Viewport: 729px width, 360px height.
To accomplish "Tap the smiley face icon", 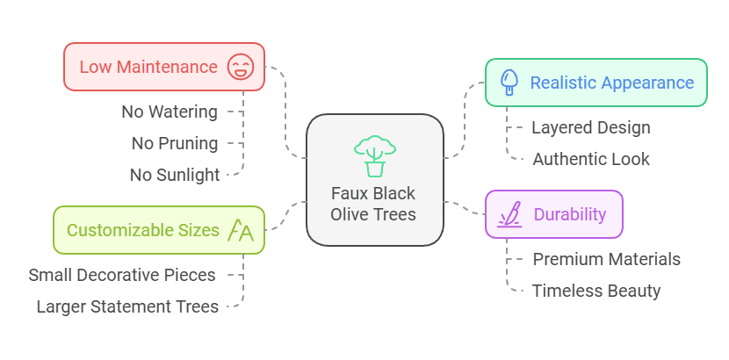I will (x=239, y=67).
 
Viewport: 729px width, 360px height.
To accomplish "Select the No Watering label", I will (x=170, y=112).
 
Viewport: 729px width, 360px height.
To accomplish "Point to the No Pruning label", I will (x=175, y=143).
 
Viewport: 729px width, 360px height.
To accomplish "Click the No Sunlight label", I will (x=175, y=175).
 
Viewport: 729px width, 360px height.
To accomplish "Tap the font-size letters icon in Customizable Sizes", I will (x=240, y=230).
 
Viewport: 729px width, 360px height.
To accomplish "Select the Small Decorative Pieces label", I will (x=122, y=275).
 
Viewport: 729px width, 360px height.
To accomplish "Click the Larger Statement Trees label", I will (x=126, y=306).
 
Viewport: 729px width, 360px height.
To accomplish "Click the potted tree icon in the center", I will (x=374, y=156).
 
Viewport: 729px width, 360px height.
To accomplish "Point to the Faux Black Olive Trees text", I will (x=374, y=204).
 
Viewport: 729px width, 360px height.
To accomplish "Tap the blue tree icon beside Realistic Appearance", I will (x=509, y=83).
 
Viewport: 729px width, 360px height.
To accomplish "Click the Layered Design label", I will (x=591, y=127).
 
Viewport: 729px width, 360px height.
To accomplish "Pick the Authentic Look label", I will (x=591, y=159).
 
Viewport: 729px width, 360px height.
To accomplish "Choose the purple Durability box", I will (x=554, y=214).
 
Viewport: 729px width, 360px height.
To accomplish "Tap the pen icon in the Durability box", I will (x=509, y=214).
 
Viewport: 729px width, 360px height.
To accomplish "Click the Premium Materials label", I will (x=606, y=259).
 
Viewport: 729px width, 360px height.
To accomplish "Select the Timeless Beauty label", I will (x=596, y=291).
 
